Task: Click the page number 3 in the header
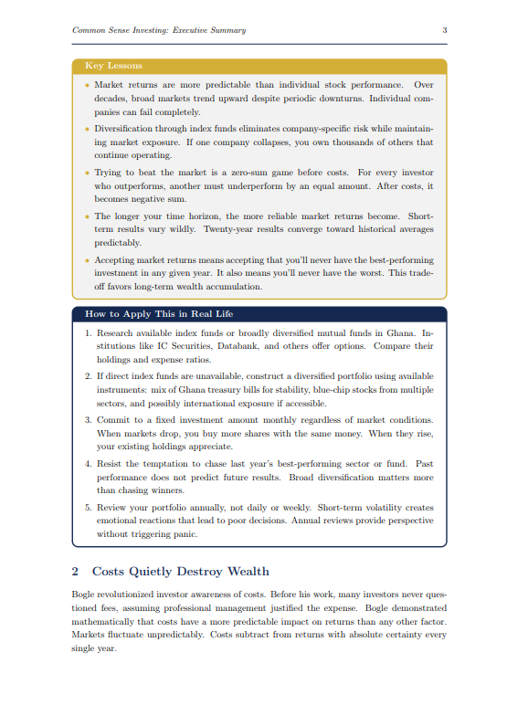(x=444, y=30)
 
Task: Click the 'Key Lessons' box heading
(x=113, y=66)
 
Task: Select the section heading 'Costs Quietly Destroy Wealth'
(x=181, y=572)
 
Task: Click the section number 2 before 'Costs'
(x=75, y=572)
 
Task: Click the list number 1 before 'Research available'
(x=88, y=333)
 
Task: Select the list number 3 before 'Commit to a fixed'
(x=88, y=418)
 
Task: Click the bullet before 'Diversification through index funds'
(x=87, y=129)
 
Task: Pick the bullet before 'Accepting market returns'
(x=87, y=260)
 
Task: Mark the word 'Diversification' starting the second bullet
(x=126, y=129)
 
